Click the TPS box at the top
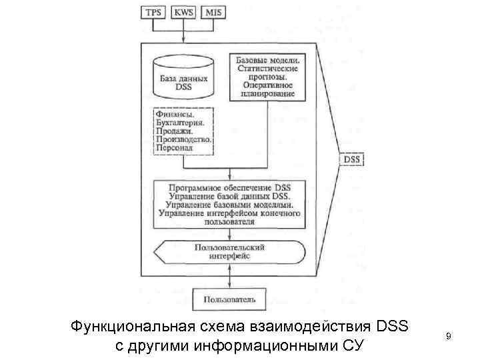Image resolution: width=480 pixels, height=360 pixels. click(153, 11)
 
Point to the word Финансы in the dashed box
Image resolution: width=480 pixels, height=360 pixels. click(173, 114)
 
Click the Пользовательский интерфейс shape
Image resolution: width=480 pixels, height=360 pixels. click(230, 251)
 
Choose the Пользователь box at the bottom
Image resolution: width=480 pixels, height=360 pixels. click(229, 299)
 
